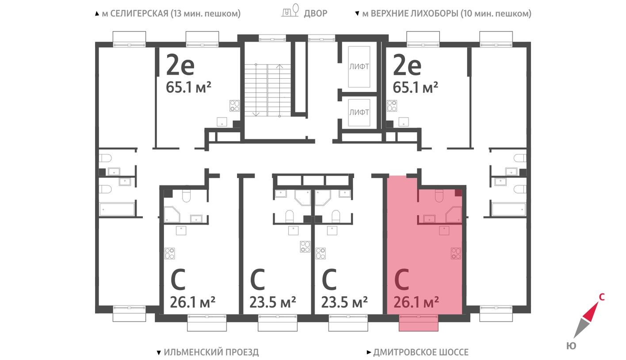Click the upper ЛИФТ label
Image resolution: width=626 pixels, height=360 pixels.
pos(359,67)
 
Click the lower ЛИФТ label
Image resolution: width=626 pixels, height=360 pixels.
pos(359,112)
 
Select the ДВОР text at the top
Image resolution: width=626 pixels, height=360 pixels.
pos(315,13)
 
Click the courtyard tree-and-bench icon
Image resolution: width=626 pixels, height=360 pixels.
pos(290,11)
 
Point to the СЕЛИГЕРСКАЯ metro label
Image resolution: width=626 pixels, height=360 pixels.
pos(168,13)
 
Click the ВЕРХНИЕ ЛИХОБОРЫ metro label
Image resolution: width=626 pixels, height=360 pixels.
pos(443,13)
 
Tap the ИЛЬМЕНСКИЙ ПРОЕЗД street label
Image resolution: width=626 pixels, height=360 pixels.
pos(208,352)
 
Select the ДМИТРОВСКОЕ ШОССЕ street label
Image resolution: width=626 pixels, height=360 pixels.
pos(418,352)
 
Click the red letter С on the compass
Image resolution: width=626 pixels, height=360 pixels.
pos(601,297)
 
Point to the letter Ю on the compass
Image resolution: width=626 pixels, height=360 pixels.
pos(571,346)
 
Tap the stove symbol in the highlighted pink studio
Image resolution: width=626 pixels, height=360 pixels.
pos(456,253)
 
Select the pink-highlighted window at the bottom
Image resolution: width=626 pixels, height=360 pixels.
pos(418,322)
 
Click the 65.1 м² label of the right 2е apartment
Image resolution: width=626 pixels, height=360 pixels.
pos(415,87)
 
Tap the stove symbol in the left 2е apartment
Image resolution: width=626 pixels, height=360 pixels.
pos(235,106)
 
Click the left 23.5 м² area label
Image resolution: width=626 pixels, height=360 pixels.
pos(273,303)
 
